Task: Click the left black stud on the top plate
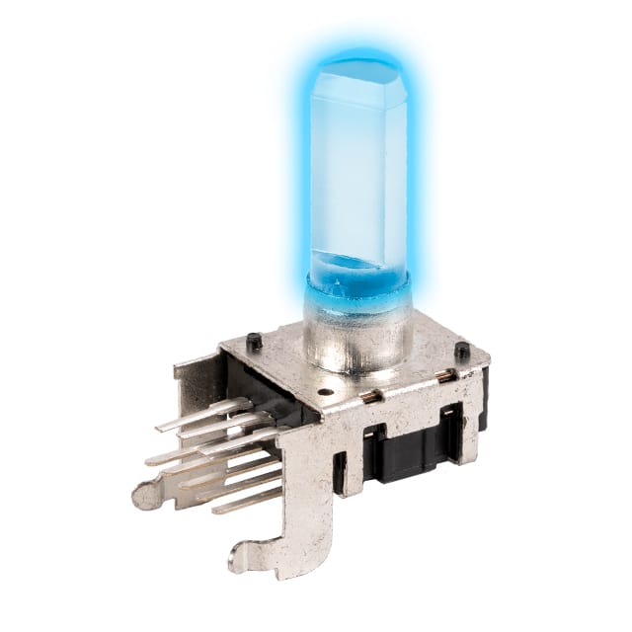click(254, 342)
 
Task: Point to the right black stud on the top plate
click(461, 350)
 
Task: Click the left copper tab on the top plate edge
click(371, 396)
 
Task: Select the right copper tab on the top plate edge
click(447, 375)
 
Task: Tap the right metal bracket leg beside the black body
click(462, 434)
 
